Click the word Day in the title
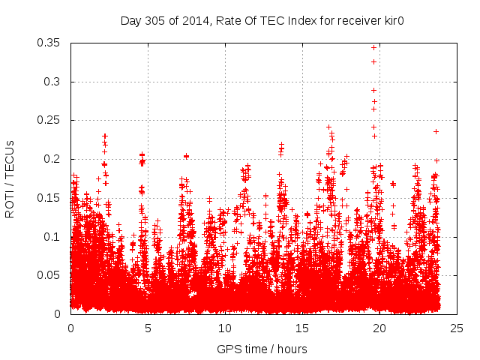(130, 20)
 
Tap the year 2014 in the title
(190, 20)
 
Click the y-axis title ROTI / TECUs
(10, 178)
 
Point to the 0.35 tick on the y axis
(50, 43)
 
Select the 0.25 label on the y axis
(50, 120)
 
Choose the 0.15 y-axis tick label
(50, 198)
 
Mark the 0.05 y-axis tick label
(50, 275)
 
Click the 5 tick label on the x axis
(148, 328)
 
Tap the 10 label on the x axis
(225, 328)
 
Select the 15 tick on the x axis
(302, 328)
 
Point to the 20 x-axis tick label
(379, 328)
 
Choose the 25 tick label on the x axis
(457, 328)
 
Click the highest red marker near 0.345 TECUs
(373, 47)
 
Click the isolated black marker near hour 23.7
(436, 131)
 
